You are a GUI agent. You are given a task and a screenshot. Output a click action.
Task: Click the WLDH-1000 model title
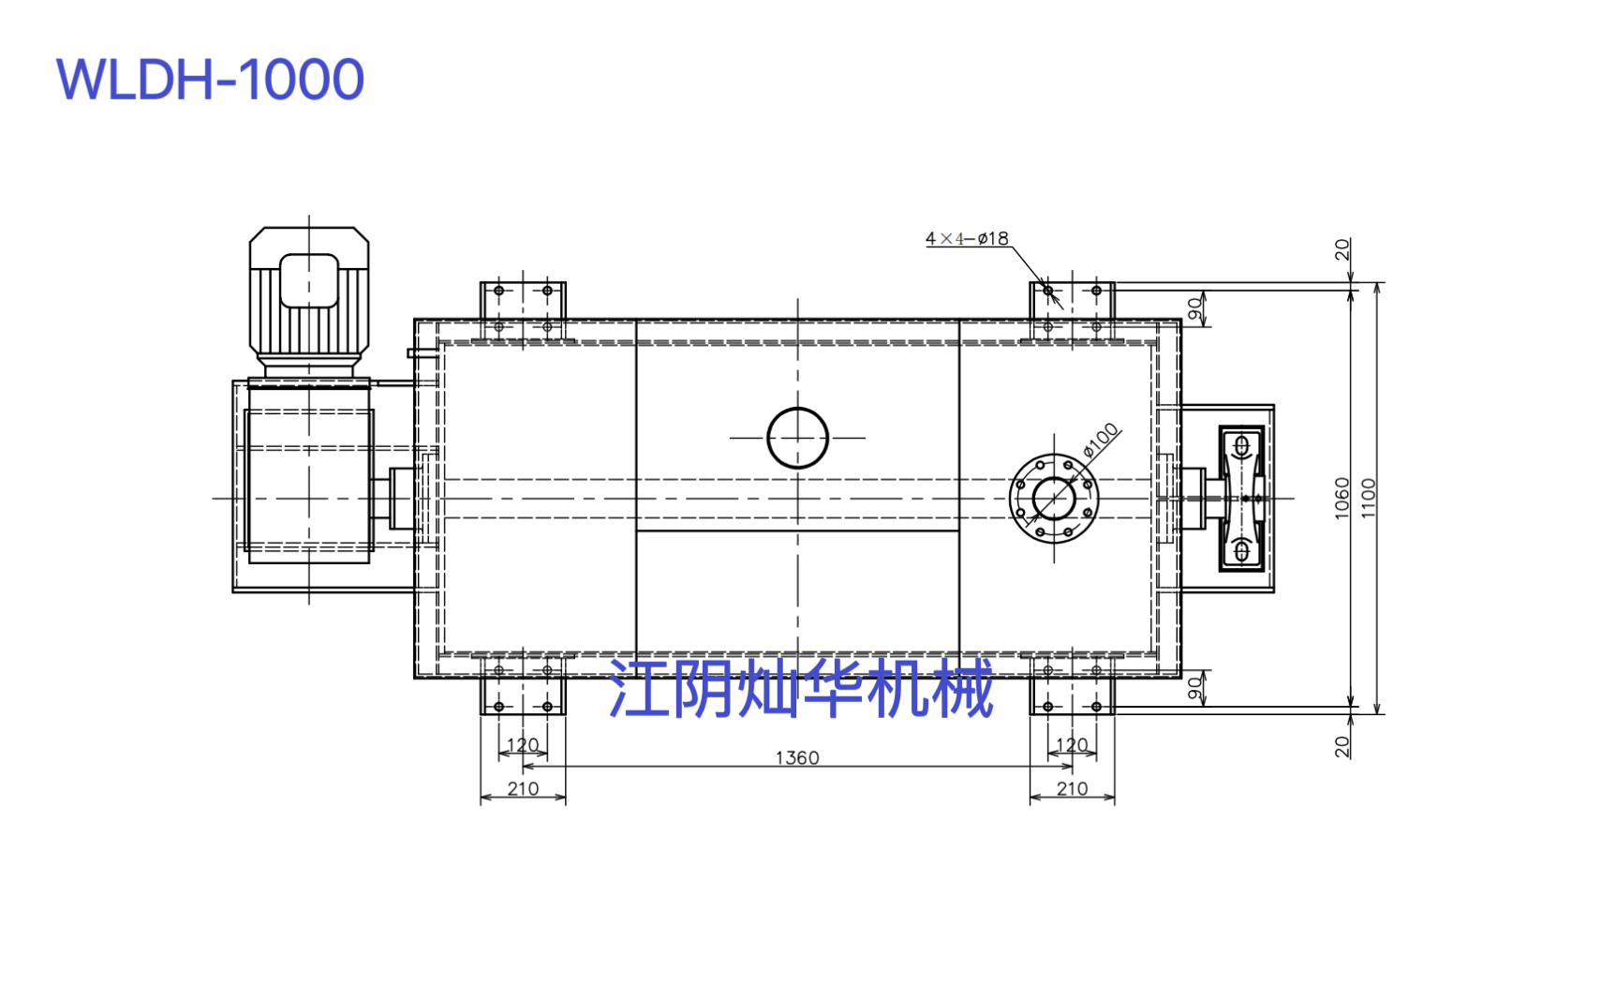click(210, 79)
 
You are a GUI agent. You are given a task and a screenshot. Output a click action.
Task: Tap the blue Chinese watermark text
click(800, 688)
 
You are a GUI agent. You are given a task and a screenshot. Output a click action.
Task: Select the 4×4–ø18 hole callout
click(967, 238)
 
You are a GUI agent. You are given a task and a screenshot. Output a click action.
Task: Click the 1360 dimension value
click(797, 757)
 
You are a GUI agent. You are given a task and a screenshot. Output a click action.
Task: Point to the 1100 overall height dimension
click(1368, 498)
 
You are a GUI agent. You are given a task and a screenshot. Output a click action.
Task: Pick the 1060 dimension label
click(1342, 498)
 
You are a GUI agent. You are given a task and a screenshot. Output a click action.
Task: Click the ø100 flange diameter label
click(1100, 440)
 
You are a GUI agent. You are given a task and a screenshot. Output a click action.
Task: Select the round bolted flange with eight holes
click(1054, 499)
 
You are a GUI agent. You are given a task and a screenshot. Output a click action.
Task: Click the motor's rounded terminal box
click(309, 280)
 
